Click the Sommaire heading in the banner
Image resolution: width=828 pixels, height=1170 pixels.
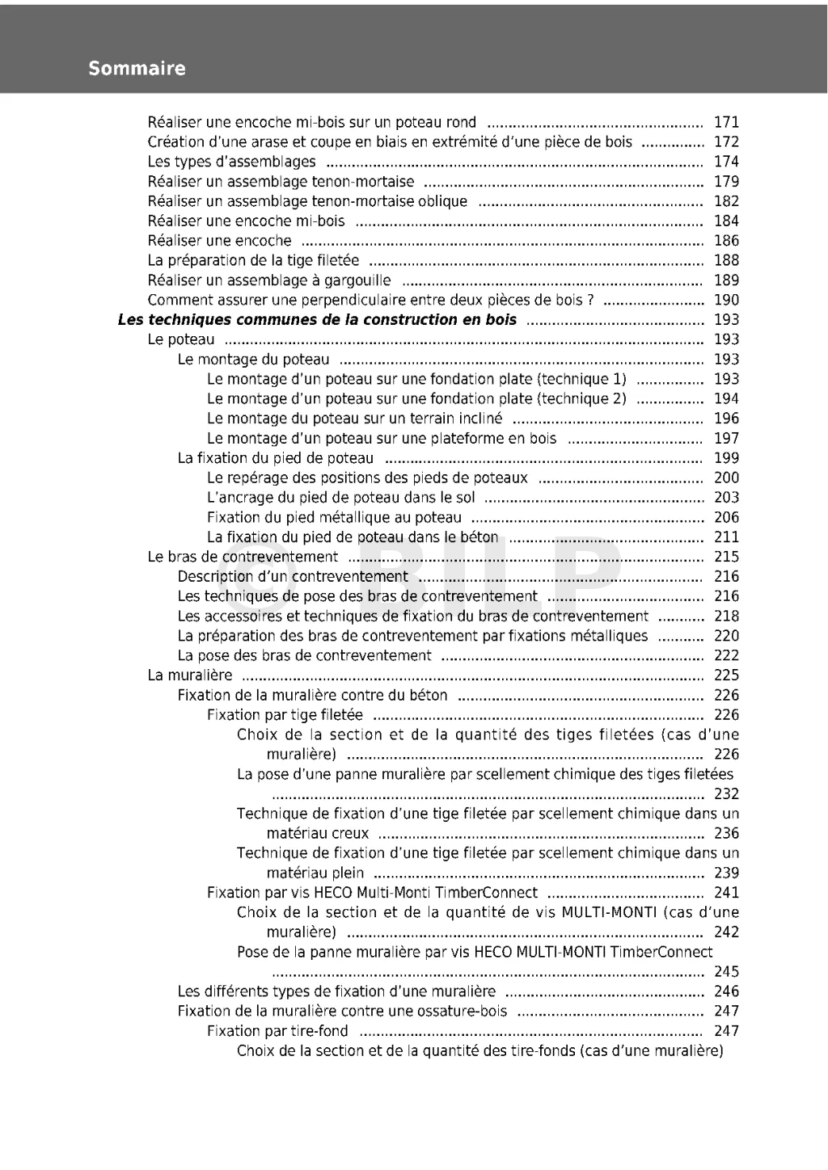pyautogui.click(x=137, y=69)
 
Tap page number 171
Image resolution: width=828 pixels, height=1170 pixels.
pyautogui.click(x=726, y=123)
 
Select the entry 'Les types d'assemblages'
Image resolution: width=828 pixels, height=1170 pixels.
pyautogui.click(x=231, y=162)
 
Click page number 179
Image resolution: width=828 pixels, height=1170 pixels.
pyautogui.click(x=726, y=182)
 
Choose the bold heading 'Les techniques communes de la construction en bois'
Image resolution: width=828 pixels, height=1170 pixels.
pyautogui.click(x=317, y=320)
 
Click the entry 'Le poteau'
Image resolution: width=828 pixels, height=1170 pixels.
pyautogui.click(x=181, y=340)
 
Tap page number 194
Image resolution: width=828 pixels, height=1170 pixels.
pyautogui.click(x=726, y=399)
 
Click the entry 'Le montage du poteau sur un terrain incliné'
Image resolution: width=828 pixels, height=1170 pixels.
pyautogui.click(x=354, y=419)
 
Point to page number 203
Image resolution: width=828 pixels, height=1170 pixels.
pyautogui.click(x=726, y=498)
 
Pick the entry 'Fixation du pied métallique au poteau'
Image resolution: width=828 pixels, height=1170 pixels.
pyautogui.click(x=334, y=518)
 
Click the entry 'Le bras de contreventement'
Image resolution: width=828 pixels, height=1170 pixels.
pyautogui.click(x=243, y=558)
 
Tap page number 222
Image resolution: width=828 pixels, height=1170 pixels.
pyautogui.click(x=726, y=656)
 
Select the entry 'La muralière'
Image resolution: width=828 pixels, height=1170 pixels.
pyautogui.click(x=189, y=675)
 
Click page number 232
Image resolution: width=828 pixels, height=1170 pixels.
pyautogui.click(x=726, y=794)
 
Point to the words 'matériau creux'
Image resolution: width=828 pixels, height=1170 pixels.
pyautogui.click(x=317, y=834)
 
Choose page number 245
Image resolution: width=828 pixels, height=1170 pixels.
pyautogui.click(x=726, y=972)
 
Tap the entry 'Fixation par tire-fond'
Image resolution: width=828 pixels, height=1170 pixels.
pyautogui.click(x=277, y=1031)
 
